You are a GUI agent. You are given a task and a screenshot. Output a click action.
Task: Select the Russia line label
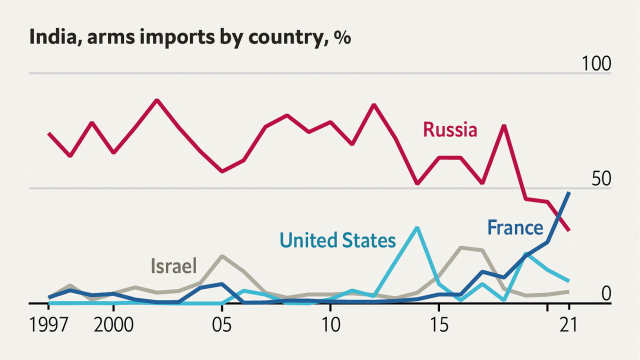450,130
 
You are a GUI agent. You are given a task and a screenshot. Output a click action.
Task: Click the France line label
515,228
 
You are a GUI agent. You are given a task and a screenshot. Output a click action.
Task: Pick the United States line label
337,240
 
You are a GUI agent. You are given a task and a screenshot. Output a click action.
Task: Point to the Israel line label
173,265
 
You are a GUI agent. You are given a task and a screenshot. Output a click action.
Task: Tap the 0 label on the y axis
606,293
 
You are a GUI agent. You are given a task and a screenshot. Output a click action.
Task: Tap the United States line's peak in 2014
417,227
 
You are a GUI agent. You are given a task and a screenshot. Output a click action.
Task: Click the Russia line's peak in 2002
156,100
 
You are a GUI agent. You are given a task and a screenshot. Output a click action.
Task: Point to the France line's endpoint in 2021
569,192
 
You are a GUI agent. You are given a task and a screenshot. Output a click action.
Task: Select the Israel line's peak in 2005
221,256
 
